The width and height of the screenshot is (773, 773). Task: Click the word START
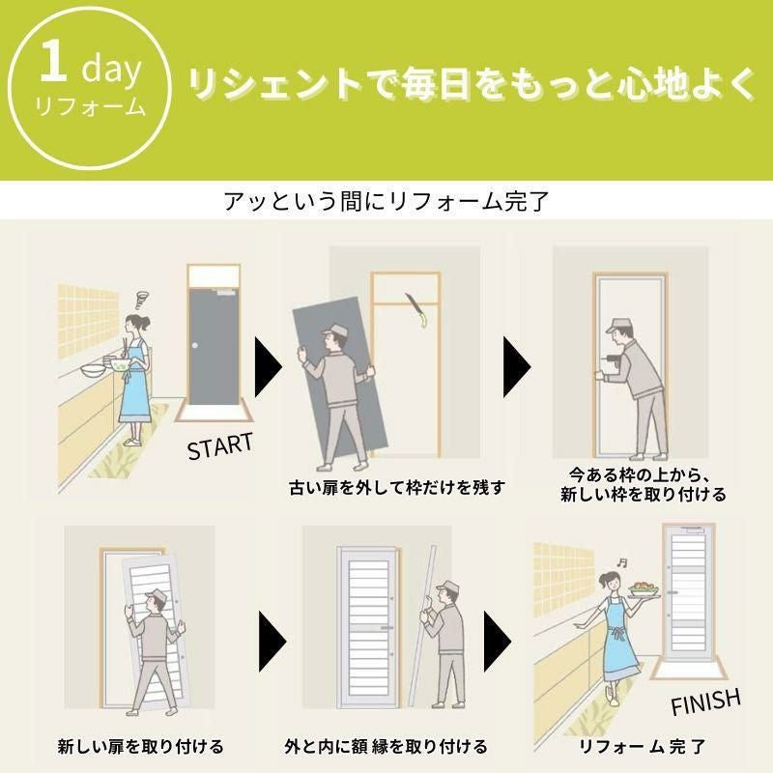[220, 446]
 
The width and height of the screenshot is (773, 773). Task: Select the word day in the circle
[111, 70]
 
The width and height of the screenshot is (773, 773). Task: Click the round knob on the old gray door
[195, 346]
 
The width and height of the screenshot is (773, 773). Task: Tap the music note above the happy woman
[622, 562]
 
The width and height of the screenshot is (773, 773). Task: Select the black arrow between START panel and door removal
[268, 367]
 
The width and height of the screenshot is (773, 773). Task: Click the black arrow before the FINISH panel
[498, 642]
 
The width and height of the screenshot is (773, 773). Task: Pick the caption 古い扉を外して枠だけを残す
[397, 488]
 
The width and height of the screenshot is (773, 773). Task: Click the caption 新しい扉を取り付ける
[140, 746]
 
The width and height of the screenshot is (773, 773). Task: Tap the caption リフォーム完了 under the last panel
[643, 746]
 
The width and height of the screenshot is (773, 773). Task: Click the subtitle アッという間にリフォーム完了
[386, 201]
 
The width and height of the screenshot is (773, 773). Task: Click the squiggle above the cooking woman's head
[143, 299]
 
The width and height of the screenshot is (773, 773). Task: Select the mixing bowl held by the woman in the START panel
[120, 365]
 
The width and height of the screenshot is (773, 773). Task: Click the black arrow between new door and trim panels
[272, 642]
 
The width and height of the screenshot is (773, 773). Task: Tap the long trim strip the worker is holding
[422, 625]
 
